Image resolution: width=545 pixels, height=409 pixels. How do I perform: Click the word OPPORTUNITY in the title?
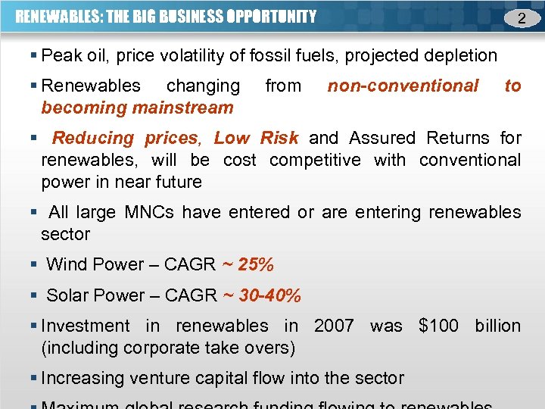click(x=272, y=16)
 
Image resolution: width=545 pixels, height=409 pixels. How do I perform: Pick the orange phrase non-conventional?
click(x=403, y=86)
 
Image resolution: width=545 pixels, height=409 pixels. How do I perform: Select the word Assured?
click(x=383, y=138)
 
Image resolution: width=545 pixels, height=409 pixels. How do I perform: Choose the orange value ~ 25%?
click(x=248, y=264)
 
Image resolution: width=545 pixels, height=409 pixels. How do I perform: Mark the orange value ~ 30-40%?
click(x=262, y=295)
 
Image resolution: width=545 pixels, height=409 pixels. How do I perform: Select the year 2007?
click(x=334, y=326)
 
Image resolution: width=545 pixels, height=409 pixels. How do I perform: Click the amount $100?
click(x=438, y=326)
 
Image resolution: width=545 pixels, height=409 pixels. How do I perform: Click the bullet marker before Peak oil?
click(x=35, y=56)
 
